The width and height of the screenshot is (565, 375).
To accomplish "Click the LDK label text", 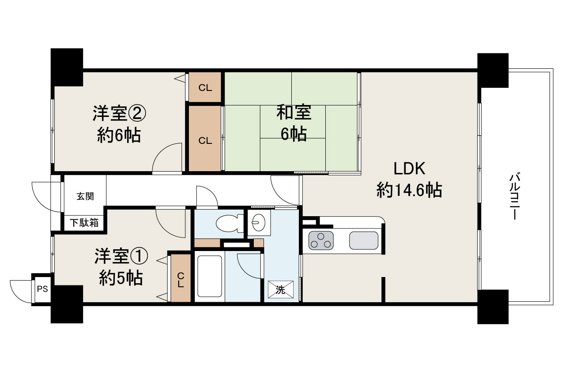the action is (409, 169).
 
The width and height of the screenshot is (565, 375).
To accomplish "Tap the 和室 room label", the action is (294, 112).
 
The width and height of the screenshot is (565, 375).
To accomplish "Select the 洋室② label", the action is (119, 113).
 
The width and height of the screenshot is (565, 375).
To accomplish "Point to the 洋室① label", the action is (121, 256).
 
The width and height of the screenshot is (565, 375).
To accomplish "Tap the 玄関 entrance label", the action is (85, 196).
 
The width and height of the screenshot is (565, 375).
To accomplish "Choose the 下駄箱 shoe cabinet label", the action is (84, 223).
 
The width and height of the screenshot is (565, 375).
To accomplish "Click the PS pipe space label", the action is (42, 289).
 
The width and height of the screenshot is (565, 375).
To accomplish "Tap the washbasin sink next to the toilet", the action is (259, 222).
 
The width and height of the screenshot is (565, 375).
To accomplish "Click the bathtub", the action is (210, 276).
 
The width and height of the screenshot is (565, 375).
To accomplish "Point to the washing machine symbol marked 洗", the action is (280, 289).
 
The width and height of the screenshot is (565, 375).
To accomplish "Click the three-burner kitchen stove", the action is (321, 241).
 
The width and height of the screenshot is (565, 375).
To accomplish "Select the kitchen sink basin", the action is (364, 241).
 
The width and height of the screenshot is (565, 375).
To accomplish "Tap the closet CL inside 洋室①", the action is (181, 277).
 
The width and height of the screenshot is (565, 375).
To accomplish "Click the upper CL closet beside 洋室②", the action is (205, 87).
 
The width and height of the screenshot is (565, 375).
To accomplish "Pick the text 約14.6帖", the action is (409, 191).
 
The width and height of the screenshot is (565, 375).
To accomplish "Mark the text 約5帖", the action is (121, 278).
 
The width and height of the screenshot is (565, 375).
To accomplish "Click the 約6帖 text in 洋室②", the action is (119, 135).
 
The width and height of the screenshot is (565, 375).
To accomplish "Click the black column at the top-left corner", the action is (67, 67).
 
